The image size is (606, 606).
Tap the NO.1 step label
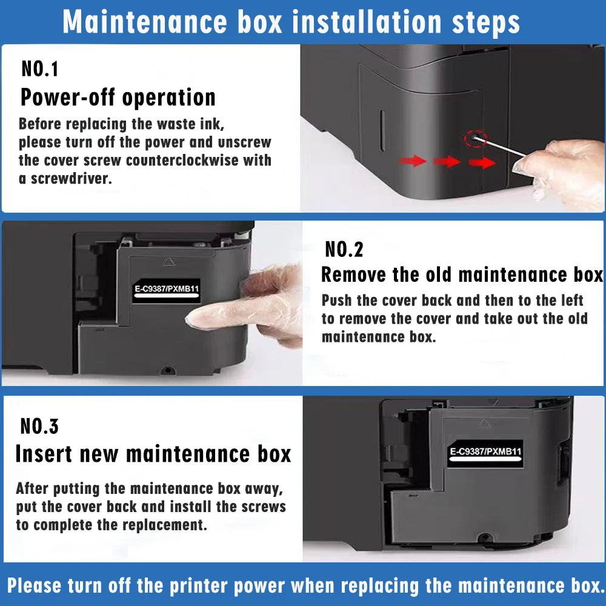point(40,68)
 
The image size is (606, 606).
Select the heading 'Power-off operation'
point(118,98)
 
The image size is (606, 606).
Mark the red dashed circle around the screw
point(474,139)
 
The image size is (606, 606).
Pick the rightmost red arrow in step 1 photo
point(482,162)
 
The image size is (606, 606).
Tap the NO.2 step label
point(344,249)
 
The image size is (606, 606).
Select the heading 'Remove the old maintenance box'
point(462,275)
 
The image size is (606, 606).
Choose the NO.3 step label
point(40,426)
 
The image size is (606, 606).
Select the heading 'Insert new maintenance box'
point(153,453)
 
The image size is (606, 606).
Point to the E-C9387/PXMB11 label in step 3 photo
point(485,452)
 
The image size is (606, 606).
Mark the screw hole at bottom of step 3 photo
point(484,537)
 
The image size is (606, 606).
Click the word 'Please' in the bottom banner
point(35,586)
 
